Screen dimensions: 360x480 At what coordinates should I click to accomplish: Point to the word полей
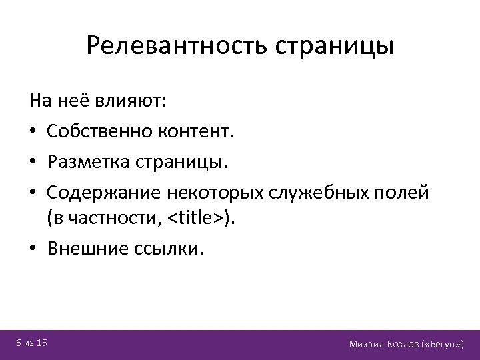point(408,192)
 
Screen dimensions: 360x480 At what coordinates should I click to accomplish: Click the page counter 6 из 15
point(31,343)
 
